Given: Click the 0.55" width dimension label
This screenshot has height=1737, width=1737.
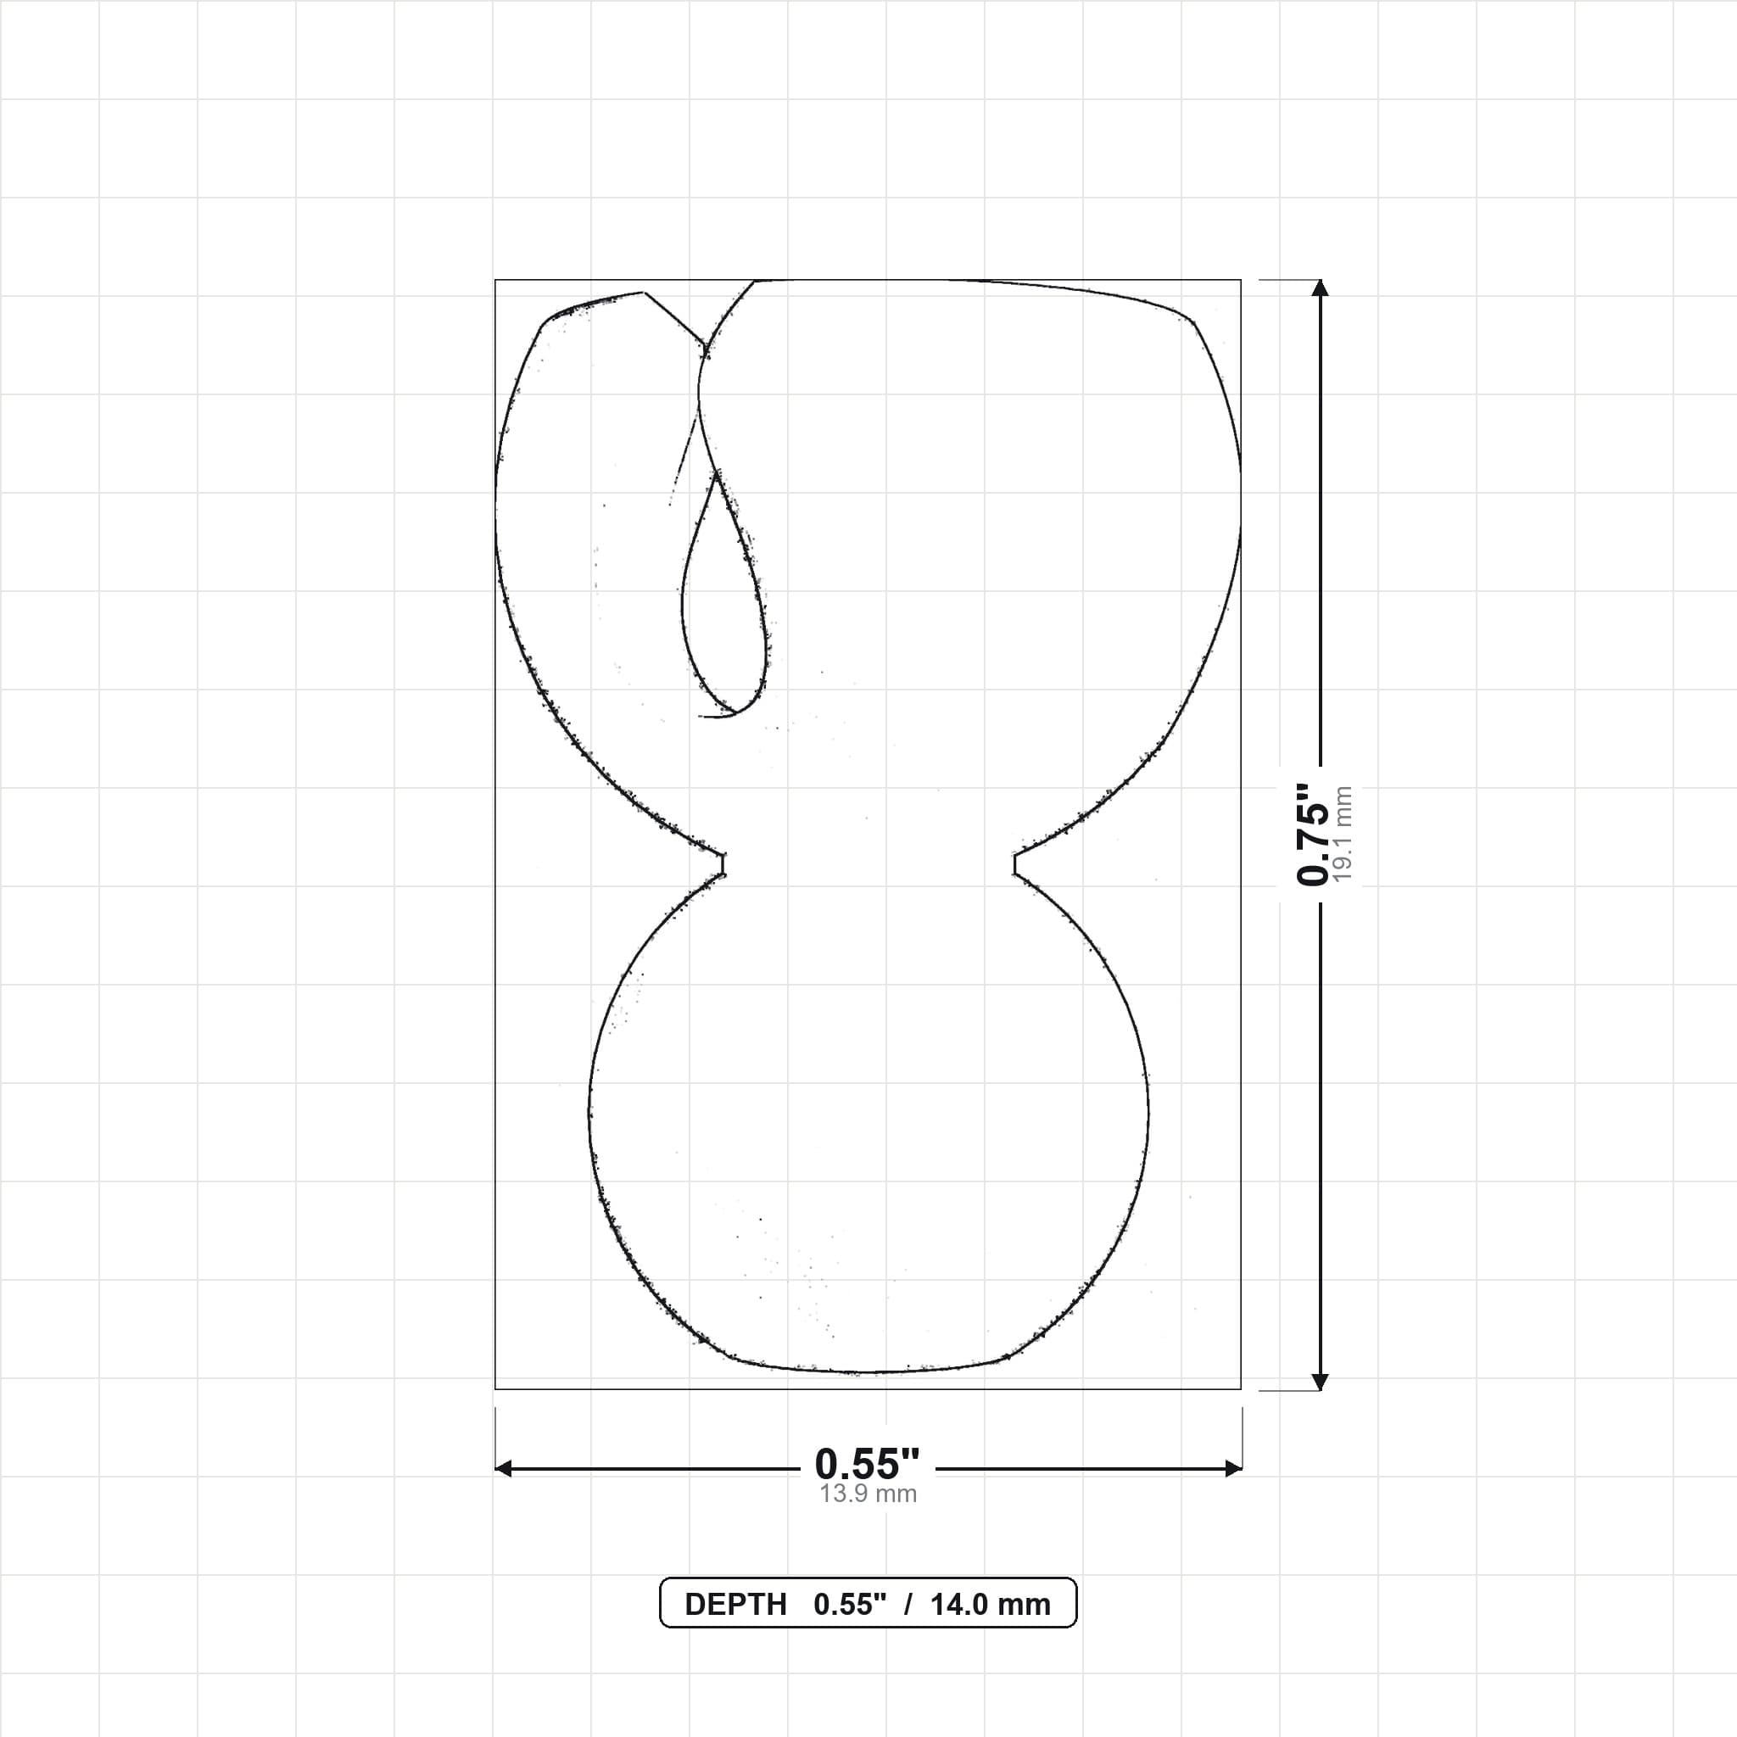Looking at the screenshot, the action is pyautogui.click(x=867, y=1465).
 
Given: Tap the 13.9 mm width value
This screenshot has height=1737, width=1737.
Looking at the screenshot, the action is pyautogui.click(x=868, y=1494).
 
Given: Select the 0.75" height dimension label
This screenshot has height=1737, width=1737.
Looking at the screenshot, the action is pyautogui.click(x=1312, y=835).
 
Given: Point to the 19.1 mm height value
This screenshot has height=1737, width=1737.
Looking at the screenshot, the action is pyautogui.click(x=1343, y=835).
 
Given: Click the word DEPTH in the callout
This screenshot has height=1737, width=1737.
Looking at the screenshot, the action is pyautogui.click(x=735, y=1605).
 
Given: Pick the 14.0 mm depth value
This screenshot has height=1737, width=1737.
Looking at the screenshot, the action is pyautogui.click(x=990, y=1605).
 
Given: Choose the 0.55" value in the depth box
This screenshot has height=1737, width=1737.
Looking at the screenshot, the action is pyautogui.click(x=850, y=1605).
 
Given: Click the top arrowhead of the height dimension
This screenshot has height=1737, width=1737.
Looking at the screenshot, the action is pyautogui.click(x=1320, y=287).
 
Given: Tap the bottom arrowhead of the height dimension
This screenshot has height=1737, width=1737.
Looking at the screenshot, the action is pyautogui.click(x=1320, y=1382).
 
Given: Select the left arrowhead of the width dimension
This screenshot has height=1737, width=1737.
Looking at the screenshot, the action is pyautogui.click(x=503, y=1468).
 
